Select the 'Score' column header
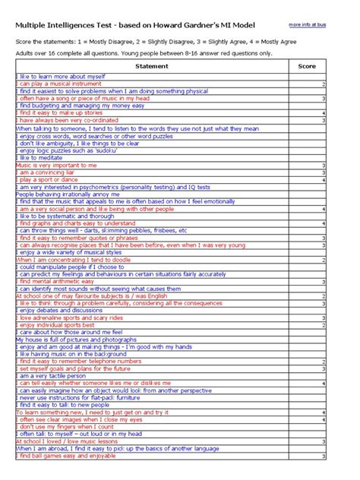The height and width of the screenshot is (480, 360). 307,67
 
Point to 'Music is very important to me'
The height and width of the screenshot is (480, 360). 56,165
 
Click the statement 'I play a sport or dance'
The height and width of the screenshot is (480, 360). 49,180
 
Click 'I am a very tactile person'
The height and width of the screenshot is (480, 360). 52,376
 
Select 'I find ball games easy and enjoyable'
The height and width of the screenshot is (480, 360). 67,456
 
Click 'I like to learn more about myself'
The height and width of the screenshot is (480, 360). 61,77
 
